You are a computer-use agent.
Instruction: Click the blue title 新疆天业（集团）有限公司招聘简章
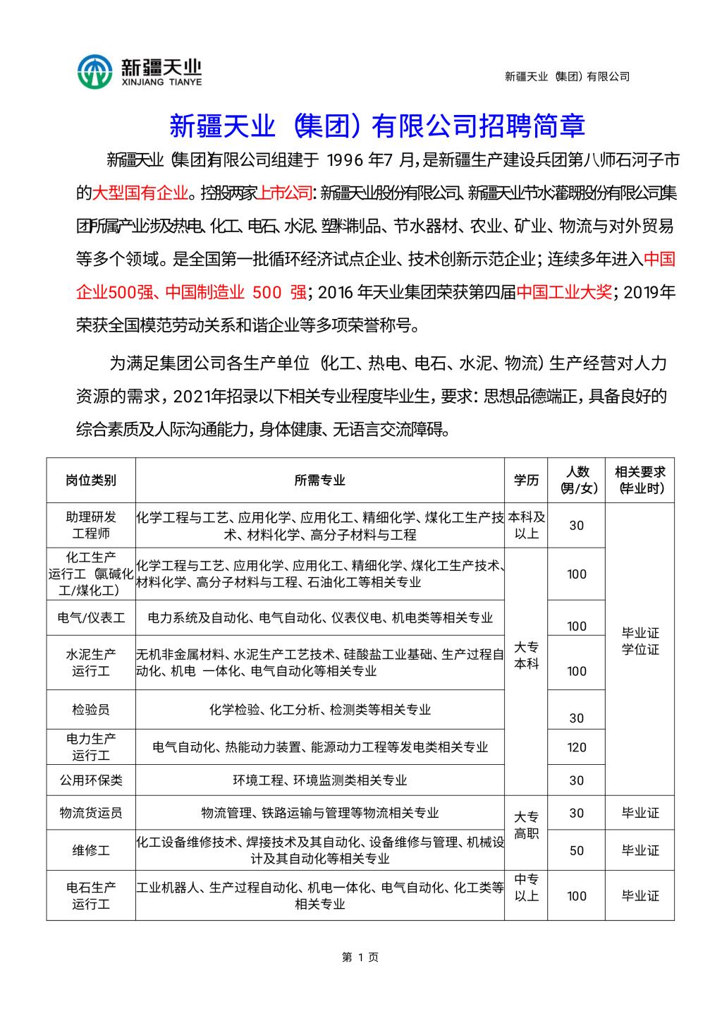[x=377, y=126]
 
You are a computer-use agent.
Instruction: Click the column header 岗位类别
[x=91, y=481]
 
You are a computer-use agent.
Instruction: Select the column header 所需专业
[x=319, y=481]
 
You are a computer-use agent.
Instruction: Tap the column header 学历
[x=526, y=481]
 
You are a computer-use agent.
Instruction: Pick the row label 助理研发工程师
[x=91, y=526]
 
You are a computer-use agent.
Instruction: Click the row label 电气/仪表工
[x=91, y=618]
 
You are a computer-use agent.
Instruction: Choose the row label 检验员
[x=91, y=709]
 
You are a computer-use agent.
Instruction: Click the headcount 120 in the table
[x=576, y=747]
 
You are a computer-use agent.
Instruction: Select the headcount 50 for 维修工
[x=576, y=851]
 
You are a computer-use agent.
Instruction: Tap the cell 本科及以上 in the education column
[x=526, y=526]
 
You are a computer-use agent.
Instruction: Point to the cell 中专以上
[x=526, y=888]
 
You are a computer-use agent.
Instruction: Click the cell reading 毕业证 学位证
[x=640, y=641]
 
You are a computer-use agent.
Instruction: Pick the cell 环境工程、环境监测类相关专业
[x=319, y=780]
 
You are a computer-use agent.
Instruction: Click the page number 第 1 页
[x=360, y=957]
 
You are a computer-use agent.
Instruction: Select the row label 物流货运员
[x=91, y=813]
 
